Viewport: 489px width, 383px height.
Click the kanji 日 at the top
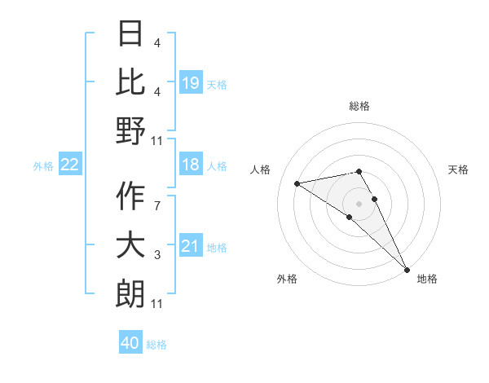[x=130, y=34]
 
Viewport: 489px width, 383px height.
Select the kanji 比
[x=130, y=81]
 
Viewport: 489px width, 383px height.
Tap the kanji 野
[x=130, y=130]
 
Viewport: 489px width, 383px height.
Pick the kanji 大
[x=130, y=245]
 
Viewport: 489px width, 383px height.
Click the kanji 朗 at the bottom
[x=130, y=293]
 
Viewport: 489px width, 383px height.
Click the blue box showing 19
[x=191, y=82]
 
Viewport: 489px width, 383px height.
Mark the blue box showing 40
[x=130, y=343]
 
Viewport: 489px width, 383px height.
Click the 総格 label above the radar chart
[x=359, y=106]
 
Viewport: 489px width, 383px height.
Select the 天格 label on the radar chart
[x=459, y=169]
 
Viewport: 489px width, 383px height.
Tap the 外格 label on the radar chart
[x=287, y=279]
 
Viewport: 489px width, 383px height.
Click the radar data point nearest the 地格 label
[x=407, y=268]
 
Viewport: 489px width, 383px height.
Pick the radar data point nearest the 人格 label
[x=297, y=183]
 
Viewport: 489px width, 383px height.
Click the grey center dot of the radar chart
[x=359, y=204]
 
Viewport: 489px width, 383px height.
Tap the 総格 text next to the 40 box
[x=157, y=344]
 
